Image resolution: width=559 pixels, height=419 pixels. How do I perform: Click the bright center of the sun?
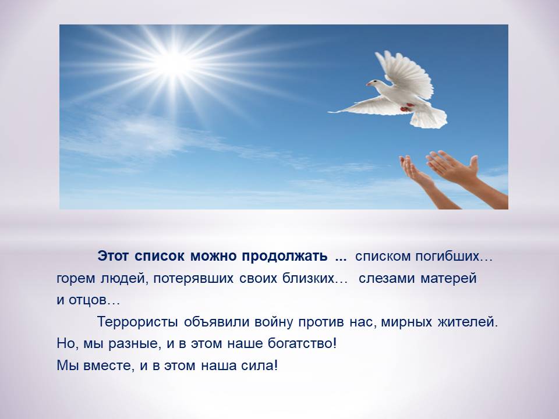pyautogui.click(x=174, y=63)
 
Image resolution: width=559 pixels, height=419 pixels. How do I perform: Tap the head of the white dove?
pyautogui.click(x=373, y=83)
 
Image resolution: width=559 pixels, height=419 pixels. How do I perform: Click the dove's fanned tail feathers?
pyautogui.click(x=429, y=118)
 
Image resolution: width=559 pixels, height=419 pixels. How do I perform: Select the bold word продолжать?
pyautogui.click(x=285, y=256)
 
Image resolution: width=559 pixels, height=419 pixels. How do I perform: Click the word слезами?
pyautogui.click(x=387, y=278)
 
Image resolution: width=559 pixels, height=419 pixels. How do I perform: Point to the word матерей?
pyautogui.click(x=448, y=278)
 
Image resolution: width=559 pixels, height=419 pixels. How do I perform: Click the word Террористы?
pyautogui.click(x=137, y=322)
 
